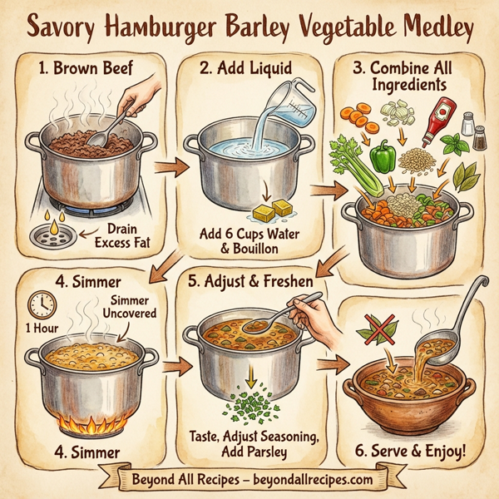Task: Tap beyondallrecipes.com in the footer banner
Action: pos(317,480)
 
